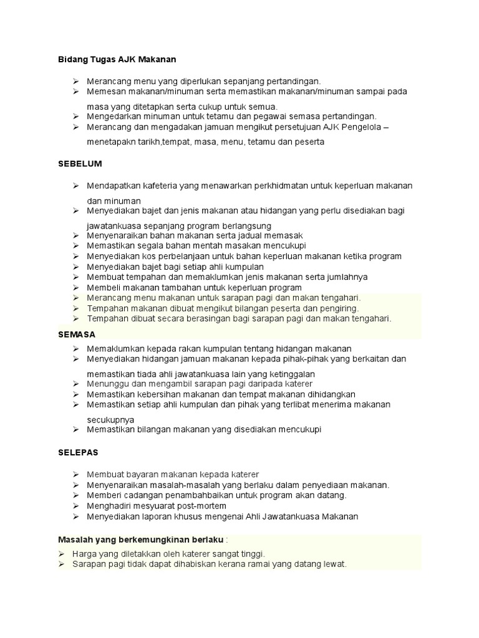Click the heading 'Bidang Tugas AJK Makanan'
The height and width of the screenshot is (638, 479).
coord(117,59)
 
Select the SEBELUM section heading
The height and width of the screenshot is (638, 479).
coord(80,163)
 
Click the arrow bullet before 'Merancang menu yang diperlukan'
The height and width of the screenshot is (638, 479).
coord(75,81)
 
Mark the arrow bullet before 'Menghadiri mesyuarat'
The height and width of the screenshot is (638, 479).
coord(75,506)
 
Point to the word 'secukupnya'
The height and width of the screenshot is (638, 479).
coord(111,419)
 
